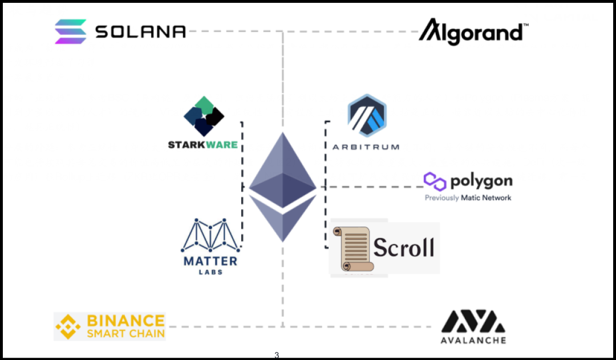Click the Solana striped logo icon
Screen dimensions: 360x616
tap(71, 31)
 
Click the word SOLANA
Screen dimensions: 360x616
tap(140, 31)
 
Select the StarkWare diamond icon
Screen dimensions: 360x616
tap(204, 116)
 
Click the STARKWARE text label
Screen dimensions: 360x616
tap(202, 145)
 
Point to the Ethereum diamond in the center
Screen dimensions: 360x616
tap(282, 187)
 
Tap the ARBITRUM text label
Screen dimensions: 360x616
tap(366, 147)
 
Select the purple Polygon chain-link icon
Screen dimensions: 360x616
tap(435, 181)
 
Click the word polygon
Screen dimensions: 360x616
tap(481, 181)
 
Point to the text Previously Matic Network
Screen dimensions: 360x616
tap(468, 198)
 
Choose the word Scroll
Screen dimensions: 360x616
tap(404, 247)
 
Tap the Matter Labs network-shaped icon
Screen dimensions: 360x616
tap(210, 235)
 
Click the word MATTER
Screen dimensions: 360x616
tap(210, 261)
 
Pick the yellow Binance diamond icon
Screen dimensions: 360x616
tap(68, 327)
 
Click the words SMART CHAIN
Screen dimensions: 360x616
tap(125, 333)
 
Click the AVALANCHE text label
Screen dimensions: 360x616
tap(473, 340)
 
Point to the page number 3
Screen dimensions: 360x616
tap(277, 355)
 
